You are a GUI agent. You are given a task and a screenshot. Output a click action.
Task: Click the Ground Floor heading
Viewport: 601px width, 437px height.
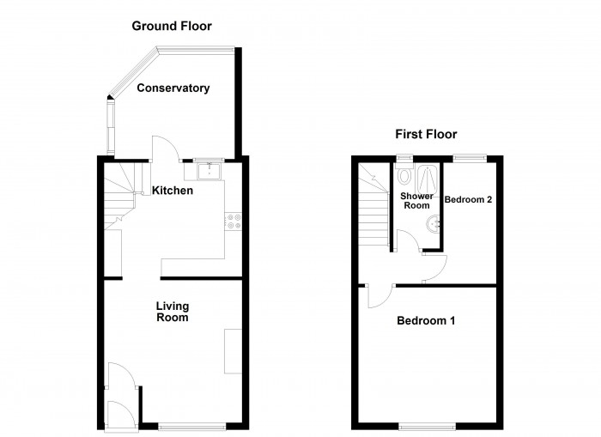point(172,26)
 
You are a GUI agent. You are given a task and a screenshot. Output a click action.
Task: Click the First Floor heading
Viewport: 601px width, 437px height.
point(426,134)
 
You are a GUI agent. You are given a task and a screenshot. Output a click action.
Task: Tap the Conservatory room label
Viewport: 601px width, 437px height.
point(173,88)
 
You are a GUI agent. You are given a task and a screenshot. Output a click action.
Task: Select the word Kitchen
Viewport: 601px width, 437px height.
point(173,191)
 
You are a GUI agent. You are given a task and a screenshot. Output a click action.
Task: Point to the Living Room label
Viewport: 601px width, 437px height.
point(173,312)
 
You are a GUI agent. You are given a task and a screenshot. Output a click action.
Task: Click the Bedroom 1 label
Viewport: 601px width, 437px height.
point(426,321)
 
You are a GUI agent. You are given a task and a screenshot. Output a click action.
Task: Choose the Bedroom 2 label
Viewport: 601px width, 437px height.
point(468,199)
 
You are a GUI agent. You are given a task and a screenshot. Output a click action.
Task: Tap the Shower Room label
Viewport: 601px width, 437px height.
point(416,201)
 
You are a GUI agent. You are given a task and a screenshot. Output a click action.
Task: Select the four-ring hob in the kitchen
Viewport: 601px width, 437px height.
point(232,222)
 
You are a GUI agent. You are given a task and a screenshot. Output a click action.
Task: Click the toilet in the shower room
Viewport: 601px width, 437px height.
point(406,179)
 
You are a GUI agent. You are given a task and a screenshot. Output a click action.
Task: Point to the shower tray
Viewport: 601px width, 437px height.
point(427,179)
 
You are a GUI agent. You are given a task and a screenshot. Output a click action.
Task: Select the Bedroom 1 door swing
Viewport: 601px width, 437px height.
point(378,296)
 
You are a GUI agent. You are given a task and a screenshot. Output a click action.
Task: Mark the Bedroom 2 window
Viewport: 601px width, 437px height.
point(470,157)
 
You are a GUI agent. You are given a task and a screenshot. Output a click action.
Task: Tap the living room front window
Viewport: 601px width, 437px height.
point(192,424)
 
